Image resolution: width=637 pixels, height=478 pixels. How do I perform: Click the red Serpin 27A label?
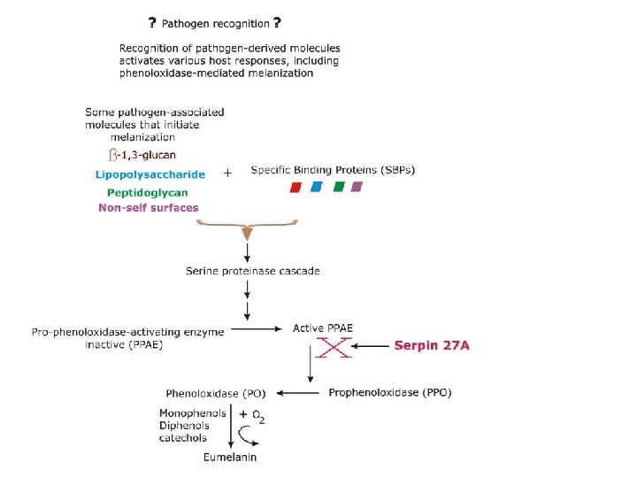431,345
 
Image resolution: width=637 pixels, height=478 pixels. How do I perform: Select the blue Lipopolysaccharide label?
150,174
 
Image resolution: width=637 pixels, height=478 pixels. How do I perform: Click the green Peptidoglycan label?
147,191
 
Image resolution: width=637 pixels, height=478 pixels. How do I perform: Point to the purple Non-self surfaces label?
149,208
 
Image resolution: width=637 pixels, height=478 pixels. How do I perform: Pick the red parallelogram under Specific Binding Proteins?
296,187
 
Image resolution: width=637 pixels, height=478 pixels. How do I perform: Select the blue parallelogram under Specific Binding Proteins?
317,187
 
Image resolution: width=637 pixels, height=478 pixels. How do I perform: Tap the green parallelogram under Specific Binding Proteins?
338,187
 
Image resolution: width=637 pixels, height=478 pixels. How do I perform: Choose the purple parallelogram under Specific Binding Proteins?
357,187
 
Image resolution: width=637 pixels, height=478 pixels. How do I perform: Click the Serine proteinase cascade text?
252,270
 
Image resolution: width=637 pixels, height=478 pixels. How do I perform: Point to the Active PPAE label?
323,328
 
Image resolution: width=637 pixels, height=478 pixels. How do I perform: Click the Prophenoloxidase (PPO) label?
389,392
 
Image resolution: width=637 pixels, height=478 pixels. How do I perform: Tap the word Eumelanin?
229,457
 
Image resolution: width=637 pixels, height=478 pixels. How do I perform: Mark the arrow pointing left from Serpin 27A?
372,345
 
